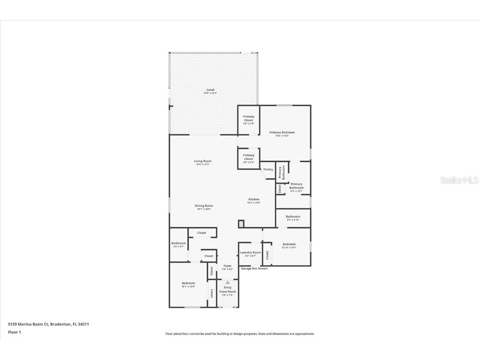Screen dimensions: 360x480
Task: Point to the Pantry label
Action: click(268, 169)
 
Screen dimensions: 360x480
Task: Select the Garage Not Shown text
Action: click(254, 268)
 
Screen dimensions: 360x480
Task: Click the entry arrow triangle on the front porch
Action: click(227, 282)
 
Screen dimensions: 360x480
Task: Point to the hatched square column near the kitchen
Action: click(241, 224)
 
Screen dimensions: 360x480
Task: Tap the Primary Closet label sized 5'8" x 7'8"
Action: click(249, 118)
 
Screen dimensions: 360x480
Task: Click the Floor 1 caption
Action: click(14, 332)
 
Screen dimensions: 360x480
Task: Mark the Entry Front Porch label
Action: click(227, 290)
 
